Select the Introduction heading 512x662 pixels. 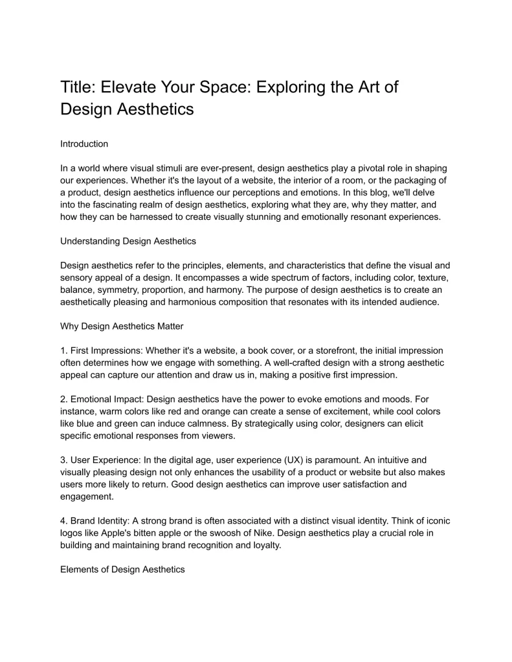[x=84, y=144]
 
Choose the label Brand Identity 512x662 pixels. [x=100, y=522]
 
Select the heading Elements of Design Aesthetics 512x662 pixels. [x=122, y=570]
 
